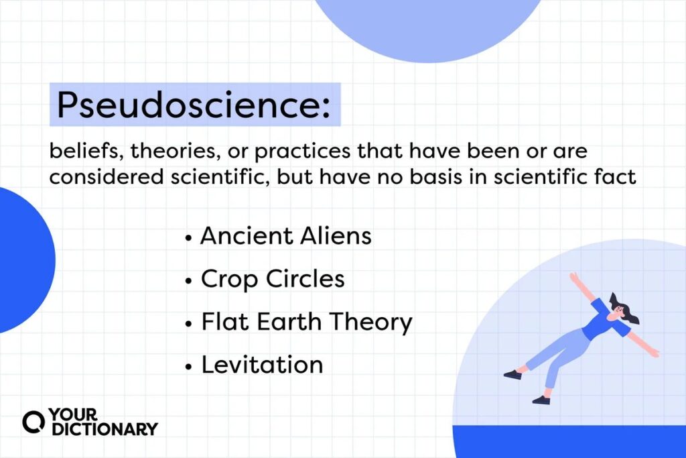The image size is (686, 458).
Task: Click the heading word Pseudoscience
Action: click(x=188, y=105)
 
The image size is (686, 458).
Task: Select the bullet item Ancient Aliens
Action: click(x=285, y=236)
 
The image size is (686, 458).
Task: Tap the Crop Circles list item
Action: click(x=273, y=279)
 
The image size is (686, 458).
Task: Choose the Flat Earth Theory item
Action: click(x=307, y=323)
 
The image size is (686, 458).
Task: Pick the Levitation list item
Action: click(x=262, y=365)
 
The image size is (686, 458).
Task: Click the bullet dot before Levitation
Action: click(x=188, y=367)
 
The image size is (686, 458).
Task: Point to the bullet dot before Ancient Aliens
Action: click(x=188, y=238)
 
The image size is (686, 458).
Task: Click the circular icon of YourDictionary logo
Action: click(x=33, y=422)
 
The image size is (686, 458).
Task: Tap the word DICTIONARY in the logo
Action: click(x=105, y=429)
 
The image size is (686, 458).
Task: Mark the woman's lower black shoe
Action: click(x=541, y=400)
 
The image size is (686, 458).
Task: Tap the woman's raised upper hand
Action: click(x=574, y=278)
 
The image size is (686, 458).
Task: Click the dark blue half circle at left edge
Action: click(x=24, y=260)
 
